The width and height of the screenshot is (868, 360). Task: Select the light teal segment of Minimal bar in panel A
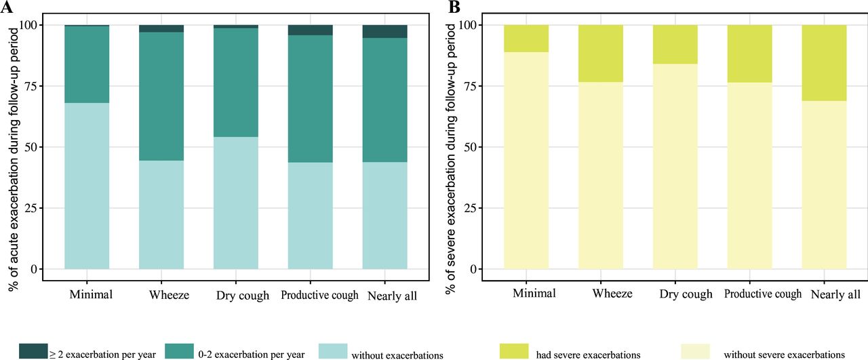(x=87, y=186)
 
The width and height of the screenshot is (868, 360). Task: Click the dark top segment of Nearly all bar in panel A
(x=384, y=31)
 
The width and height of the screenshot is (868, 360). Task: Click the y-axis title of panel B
(x=450, y=153)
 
